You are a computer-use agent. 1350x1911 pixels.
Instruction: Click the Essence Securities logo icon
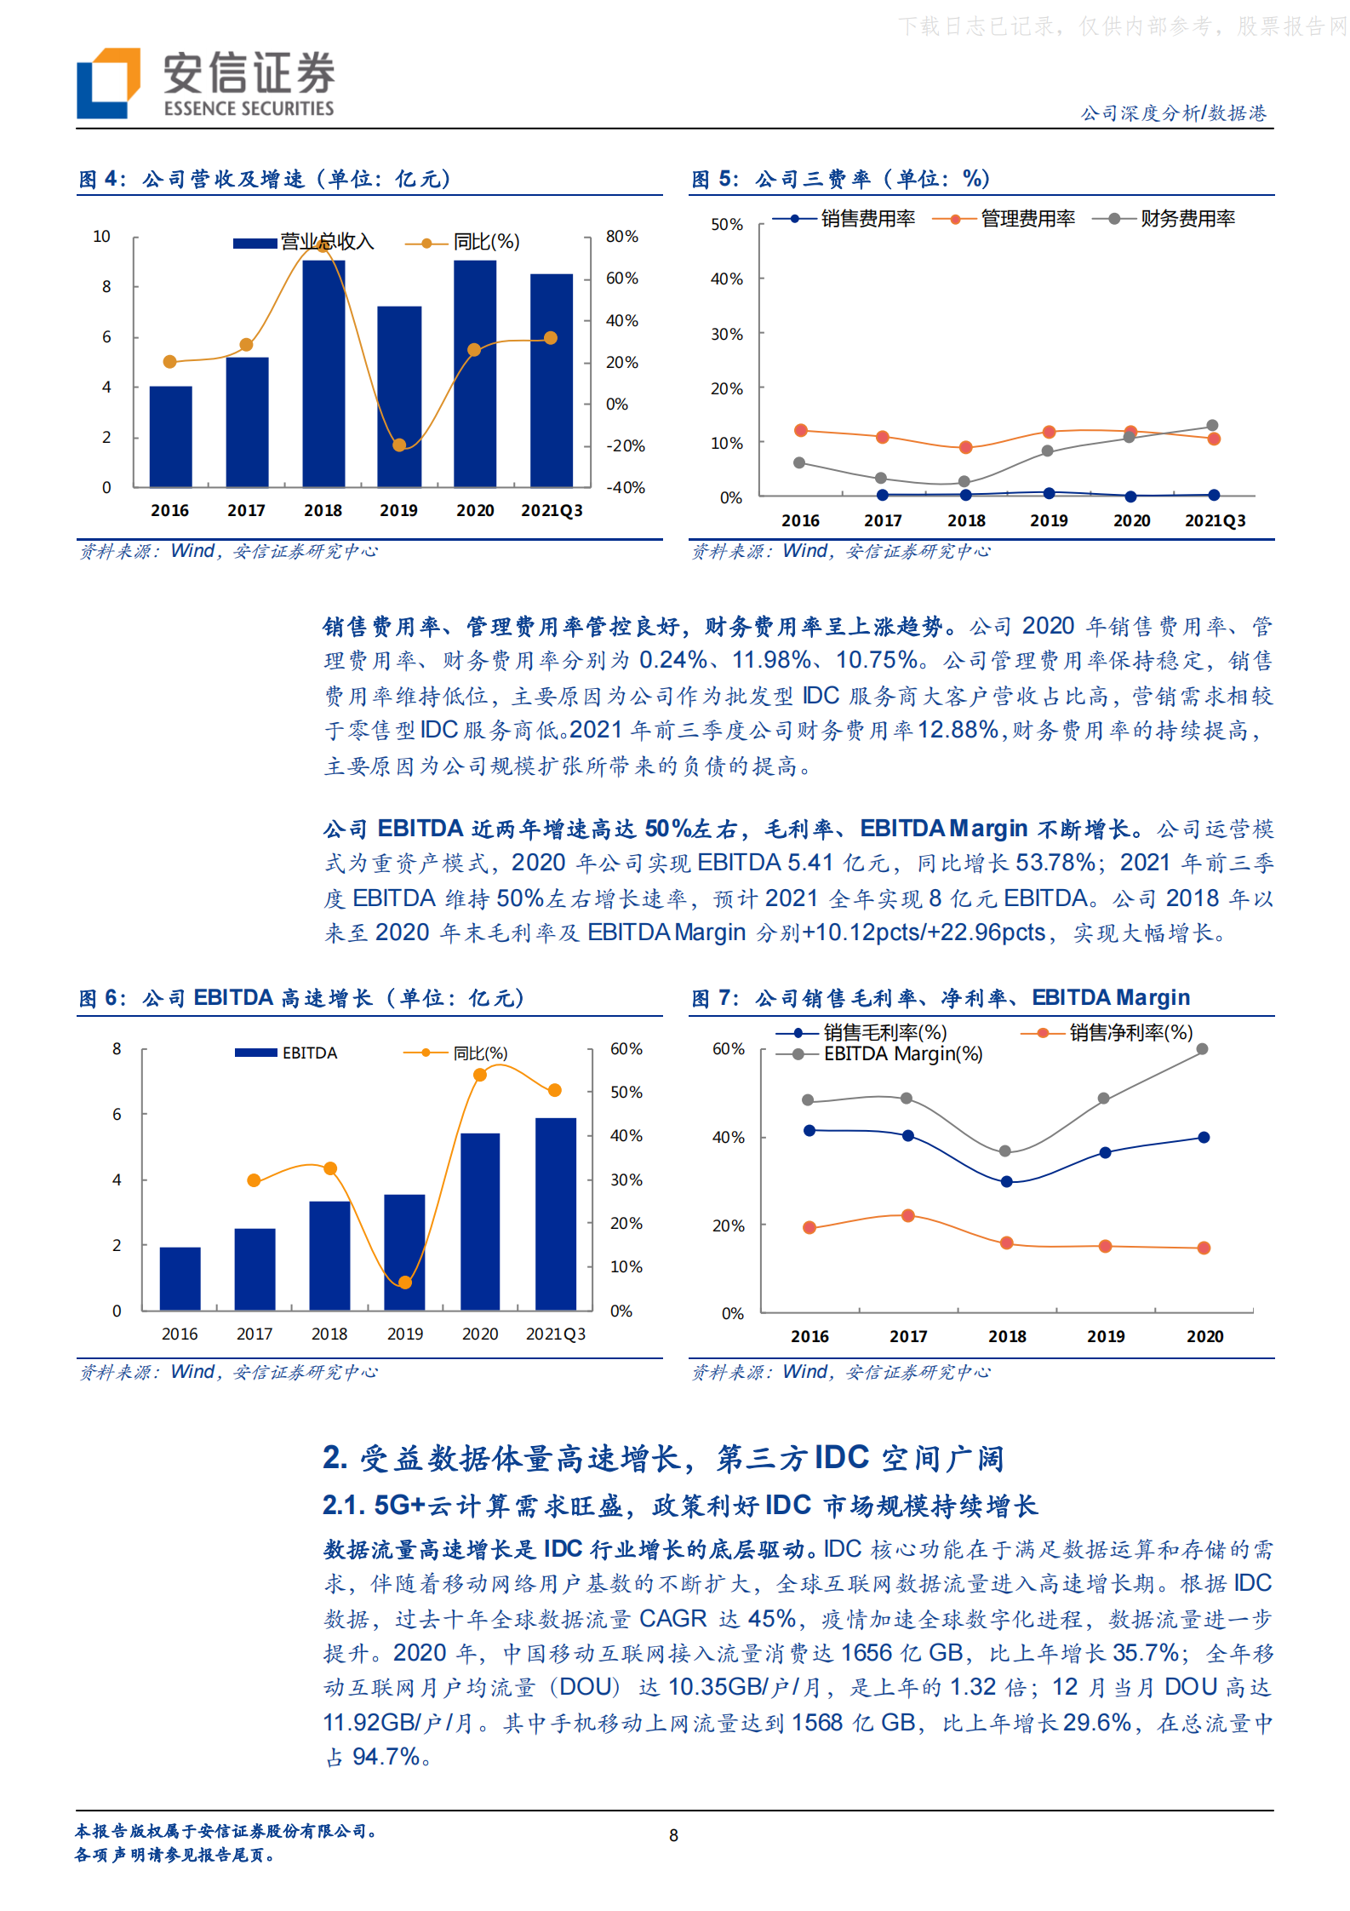click(108, 83)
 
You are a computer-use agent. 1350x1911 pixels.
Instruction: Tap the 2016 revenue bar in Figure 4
click(170, 436)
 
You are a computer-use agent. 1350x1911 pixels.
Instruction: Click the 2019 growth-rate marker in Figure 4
click(399, 445)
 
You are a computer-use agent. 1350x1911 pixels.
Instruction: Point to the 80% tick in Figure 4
click(621, 237)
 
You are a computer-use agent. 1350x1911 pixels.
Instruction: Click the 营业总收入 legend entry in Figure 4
click(304, 243)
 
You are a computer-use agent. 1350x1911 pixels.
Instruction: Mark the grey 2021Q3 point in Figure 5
click(1213, 426)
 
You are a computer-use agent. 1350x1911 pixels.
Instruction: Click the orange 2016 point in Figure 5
click(800, 431)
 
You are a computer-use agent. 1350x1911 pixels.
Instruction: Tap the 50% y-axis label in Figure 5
click(726, 225)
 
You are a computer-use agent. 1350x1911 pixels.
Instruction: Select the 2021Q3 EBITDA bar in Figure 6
click(556, 1214)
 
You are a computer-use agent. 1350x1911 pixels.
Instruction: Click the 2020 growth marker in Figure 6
click(480, 1075)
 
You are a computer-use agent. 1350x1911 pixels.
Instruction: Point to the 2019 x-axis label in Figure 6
click(405, 1334)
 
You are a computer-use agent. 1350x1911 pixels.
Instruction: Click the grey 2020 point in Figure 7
click(1203, 1049)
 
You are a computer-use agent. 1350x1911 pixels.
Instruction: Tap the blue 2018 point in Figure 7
click(1007, 1182)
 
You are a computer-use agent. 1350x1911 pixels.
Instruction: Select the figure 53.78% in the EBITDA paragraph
click(1055, 863)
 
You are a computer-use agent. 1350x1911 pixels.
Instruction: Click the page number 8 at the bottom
click(674, 1836)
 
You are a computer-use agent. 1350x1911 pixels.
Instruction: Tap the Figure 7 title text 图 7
click(713, 998)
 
